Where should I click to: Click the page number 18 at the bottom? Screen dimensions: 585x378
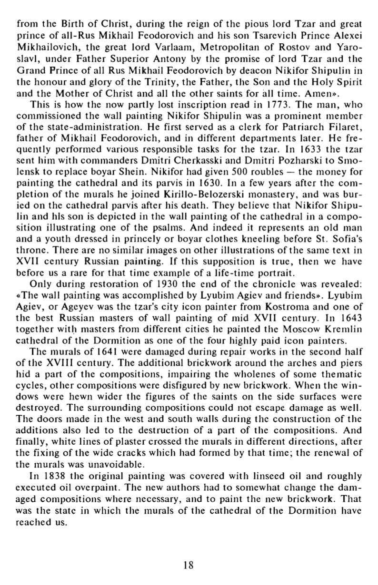click(189, 565)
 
